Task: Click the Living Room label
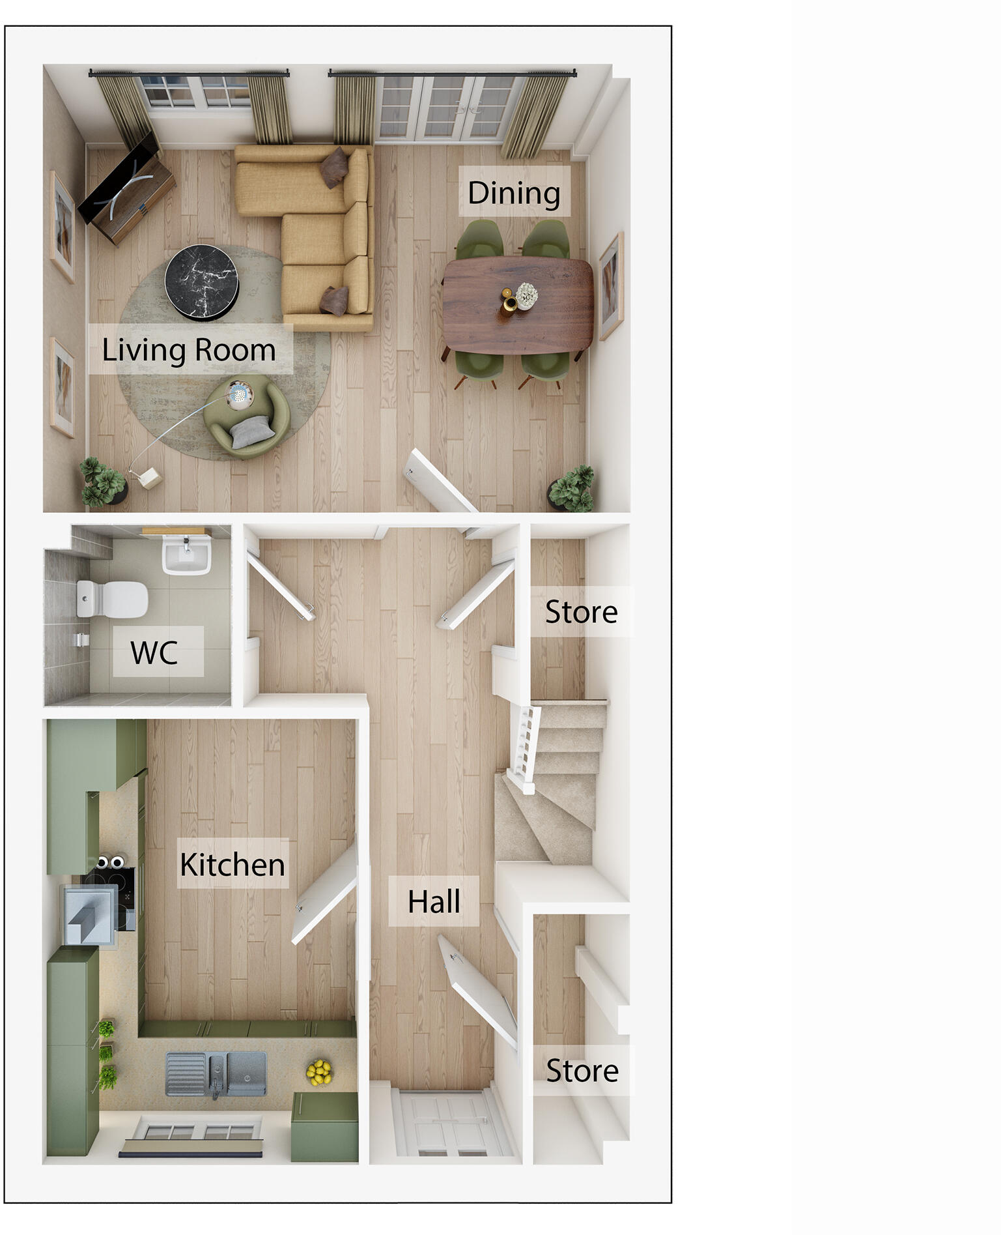tap(189, 350)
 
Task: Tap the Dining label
tap(514, 192)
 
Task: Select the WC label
tap(154, 652)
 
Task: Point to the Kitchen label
tap(233, 864)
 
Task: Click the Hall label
tap(434, 901)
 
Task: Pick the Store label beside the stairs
tap(581, 611)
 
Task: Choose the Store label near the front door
tap(582, 1070)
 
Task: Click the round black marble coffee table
tap(201, 281)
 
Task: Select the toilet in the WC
tap(112, 599)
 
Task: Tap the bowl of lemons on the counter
tap(318, 1072)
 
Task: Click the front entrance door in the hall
tap(449, 1124)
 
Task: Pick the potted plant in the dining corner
tap(571, 489)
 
